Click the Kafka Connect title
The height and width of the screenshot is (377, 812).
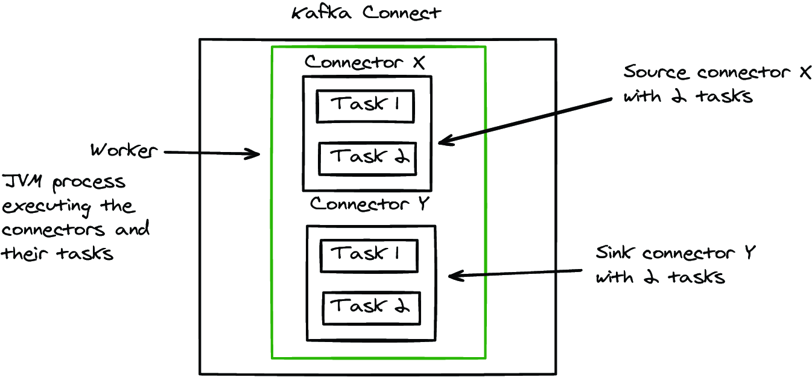coord(366,13)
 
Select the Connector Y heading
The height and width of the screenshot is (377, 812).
coord(370,204)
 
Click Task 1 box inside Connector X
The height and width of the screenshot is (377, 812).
coord(366,106)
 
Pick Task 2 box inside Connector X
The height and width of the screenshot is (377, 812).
coord(367,159)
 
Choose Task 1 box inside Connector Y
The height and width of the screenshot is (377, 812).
coord(369,256)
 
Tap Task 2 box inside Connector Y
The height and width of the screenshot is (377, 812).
coord(372,308)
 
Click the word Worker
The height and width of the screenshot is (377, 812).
coord(124,150)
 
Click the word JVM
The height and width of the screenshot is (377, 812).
coord(22,181)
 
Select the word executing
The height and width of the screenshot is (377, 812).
coord(46,208)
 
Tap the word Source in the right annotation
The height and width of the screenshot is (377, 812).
coord(655,72)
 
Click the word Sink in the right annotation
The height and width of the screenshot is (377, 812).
coord(615,252)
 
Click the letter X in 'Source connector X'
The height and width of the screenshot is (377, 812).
coord(805,72)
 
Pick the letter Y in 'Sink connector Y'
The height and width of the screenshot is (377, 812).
coord(750,253)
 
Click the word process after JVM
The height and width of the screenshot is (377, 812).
coord(89,183)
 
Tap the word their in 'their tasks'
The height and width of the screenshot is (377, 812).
coord(24,253)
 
